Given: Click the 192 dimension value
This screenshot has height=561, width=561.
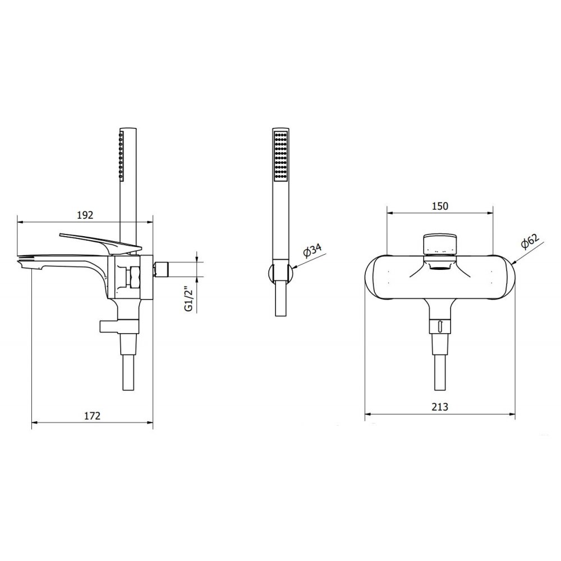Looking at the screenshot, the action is click(x=85, y=215).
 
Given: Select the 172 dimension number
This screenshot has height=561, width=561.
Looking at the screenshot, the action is click(x=93, y=416).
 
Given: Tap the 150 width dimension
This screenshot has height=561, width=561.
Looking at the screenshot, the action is click(x=440, y=206).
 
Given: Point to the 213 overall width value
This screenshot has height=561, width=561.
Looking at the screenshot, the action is click(x=440, y=407).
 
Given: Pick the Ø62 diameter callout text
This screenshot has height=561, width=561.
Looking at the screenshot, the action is click(x=530, y=242).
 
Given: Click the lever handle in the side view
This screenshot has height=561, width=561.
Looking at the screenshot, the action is click(x=100, y=243).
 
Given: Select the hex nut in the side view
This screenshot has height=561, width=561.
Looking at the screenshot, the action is click(x=135, y=277).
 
